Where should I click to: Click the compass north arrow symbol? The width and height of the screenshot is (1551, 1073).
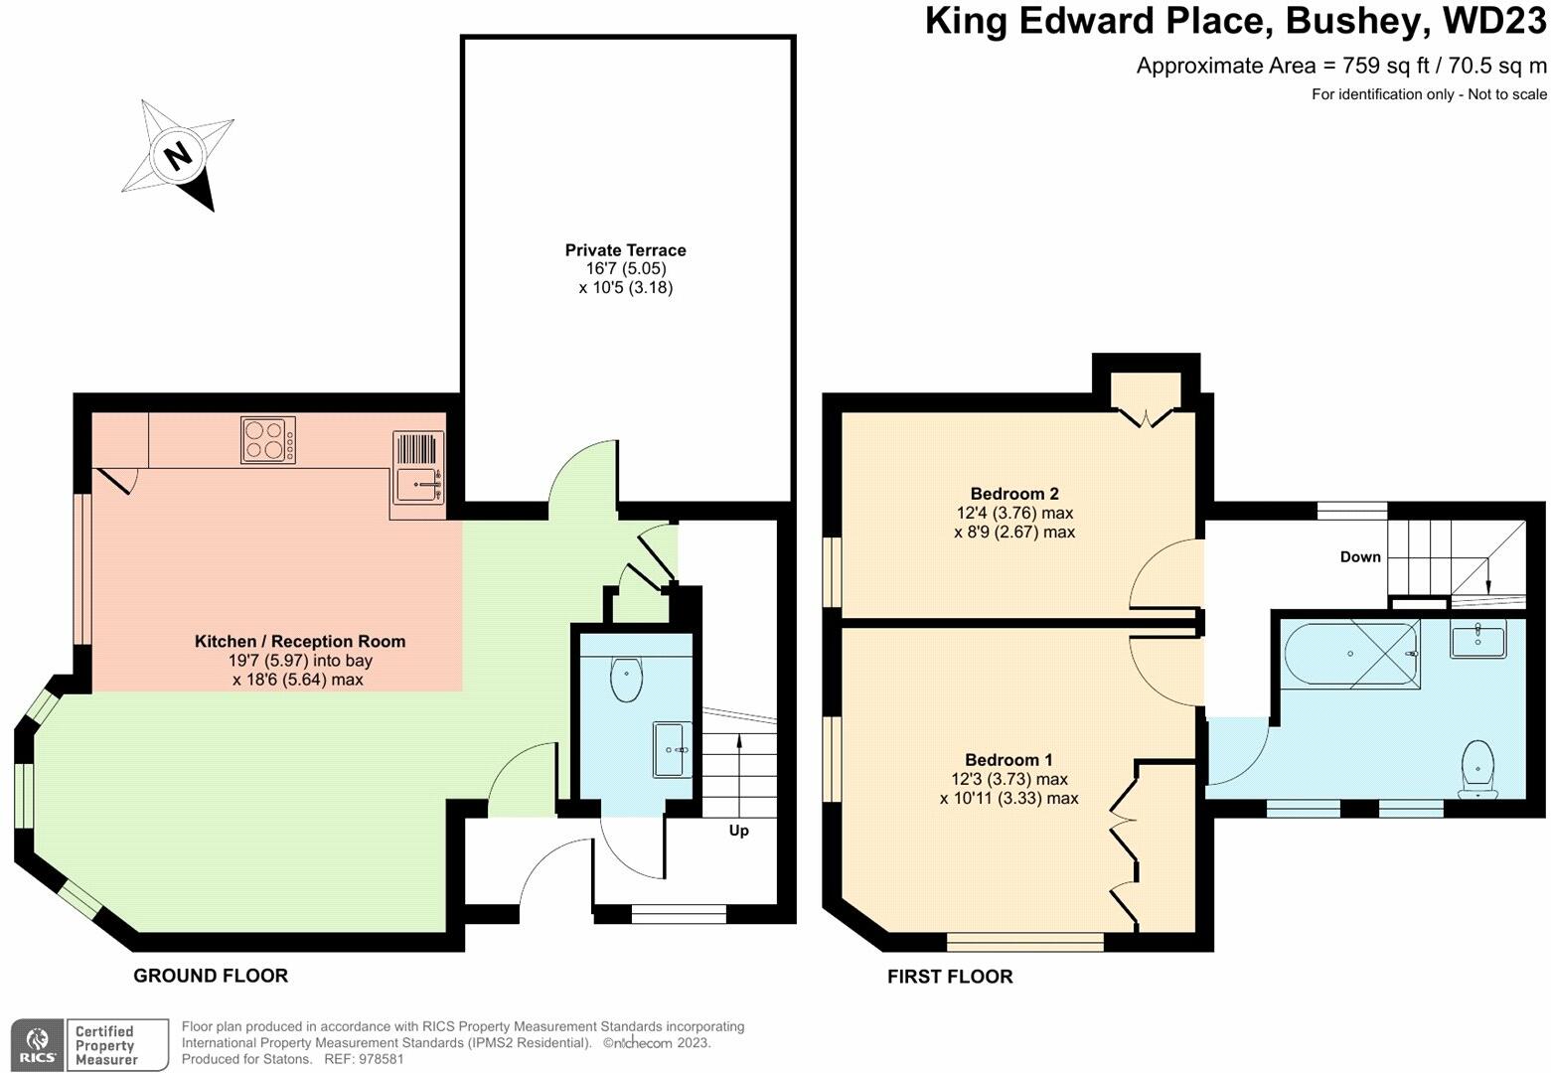[178, 155]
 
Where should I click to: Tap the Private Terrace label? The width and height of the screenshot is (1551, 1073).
[625, 250]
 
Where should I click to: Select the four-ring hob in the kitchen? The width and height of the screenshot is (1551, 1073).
[268, 439]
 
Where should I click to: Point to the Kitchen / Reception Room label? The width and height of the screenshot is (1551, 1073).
[300, 641]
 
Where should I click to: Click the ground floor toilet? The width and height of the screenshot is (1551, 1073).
[627, 679]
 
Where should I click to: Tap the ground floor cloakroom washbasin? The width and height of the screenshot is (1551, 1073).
[672, 750]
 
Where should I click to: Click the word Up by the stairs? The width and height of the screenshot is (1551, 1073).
[739, 831]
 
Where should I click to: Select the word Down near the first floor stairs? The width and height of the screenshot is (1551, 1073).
[1360, 556]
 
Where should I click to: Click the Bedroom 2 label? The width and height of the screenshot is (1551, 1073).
[1014, 494]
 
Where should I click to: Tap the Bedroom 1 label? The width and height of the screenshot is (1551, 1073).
[1008, 759]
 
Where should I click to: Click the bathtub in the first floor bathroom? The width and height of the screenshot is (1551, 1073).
[1350, 654]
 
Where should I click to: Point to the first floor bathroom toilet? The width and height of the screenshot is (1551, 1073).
[1478, 769]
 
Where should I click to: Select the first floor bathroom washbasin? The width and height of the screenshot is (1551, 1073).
[1478, 638]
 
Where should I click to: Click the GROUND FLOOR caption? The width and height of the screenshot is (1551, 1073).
[211, 976]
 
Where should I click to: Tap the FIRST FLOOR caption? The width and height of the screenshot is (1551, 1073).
[950, 977]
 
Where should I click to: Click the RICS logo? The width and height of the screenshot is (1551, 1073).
[39, 1045]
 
